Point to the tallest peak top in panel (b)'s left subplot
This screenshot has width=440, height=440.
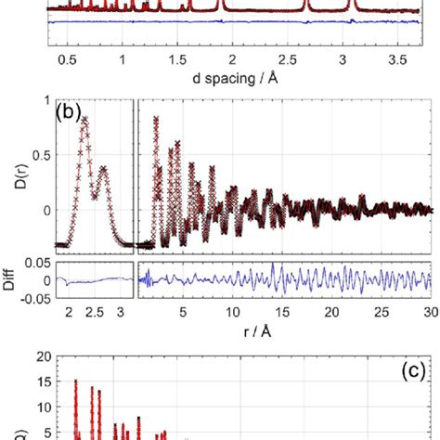click(x=84, y=120)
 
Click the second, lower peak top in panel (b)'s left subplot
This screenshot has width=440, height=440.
click(x=103, y=169)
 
